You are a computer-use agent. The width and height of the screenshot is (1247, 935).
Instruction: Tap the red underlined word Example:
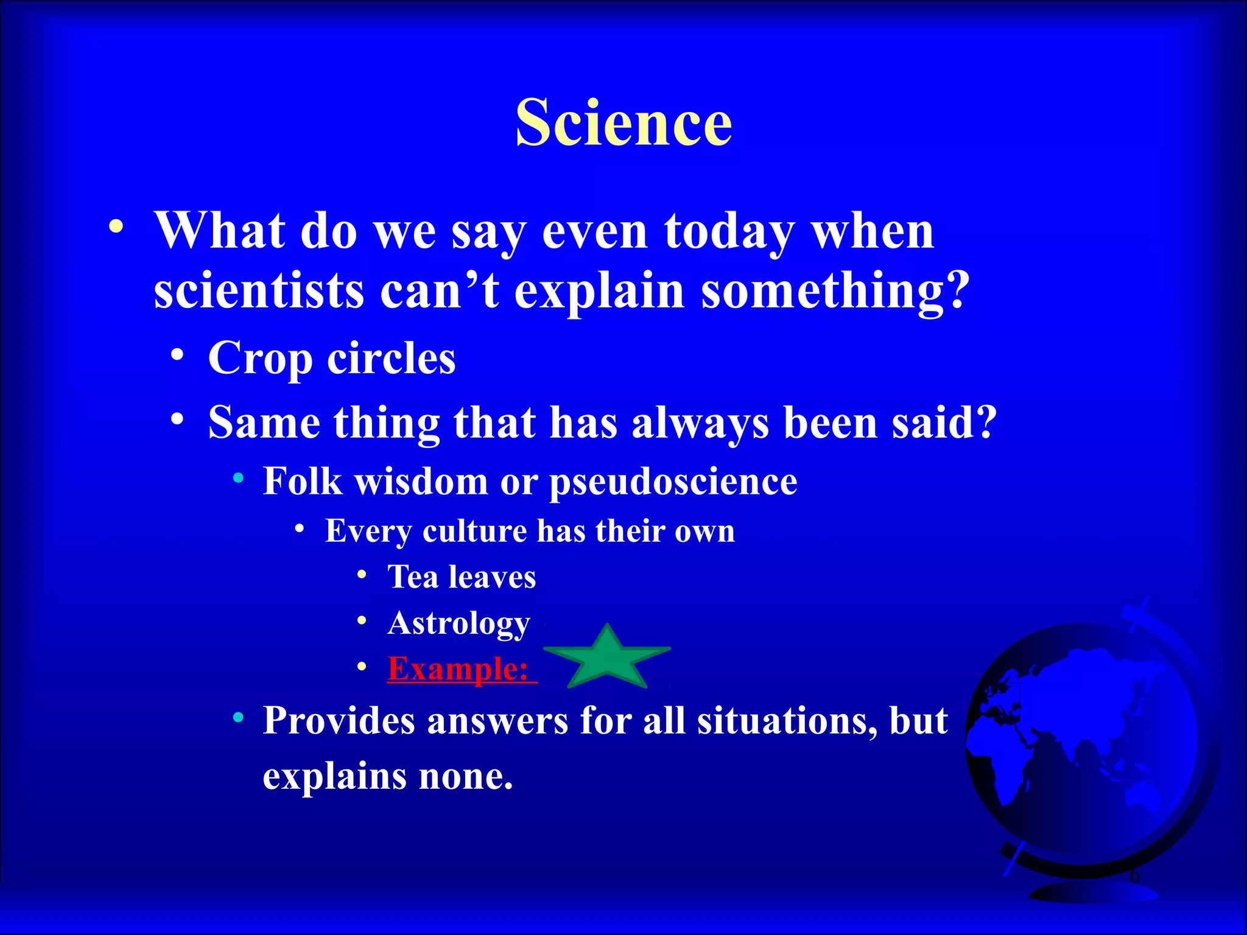462,669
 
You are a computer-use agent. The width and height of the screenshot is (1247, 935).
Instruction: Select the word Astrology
458,623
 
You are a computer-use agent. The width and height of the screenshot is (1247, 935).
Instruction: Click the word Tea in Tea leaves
413,576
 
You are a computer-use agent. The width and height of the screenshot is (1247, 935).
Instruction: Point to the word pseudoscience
673,482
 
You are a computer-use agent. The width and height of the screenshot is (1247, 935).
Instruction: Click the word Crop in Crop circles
260,359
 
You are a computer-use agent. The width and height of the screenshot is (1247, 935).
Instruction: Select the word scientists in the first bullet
259,290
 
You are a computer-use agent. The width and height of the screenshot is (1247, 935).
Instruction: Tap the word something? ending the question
834,291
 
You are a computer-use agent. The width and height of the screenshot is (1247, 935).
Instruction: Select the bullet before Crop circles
177,355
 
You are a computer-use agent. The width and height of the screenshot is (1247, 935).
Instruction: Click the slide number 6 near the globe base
1134,877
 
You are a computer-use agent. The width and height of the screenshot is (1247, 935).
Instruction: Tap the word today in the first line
729,231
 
